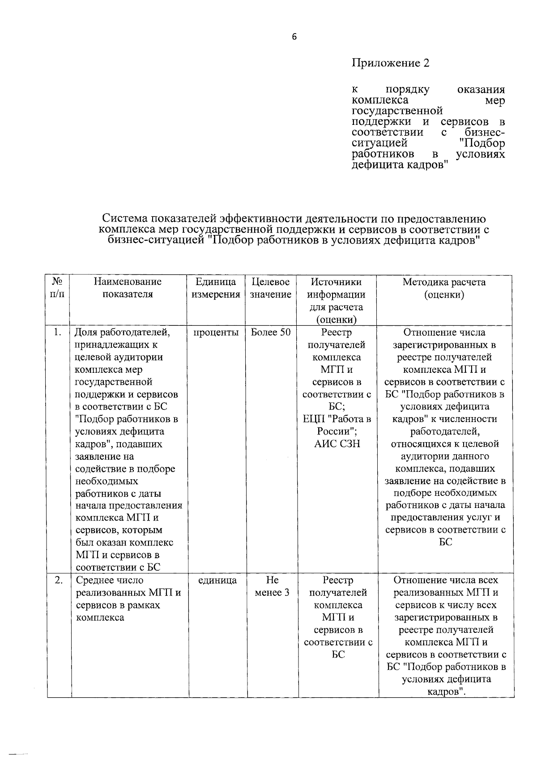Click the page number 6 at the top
click(294, 37)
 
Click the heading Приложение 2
click(390, 63)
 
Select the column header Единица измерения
click(216, 288)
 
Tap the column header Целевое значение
click(270, 288)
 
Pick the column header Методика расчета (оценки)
click(444, 288)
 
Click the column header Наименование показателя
click(128, 288)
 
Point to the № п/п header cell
click(58, 288)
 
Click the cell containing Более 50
click(270, 333)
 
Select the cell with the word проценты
click(216, 333)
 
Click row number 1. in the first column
click(57, 333)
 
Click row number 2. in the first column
click(58, 580)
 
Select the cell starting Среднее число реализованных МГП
click(128, 599)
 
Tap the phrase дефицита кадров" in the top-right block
click(400, 165)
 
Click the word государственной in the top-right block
click(397, 111)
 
